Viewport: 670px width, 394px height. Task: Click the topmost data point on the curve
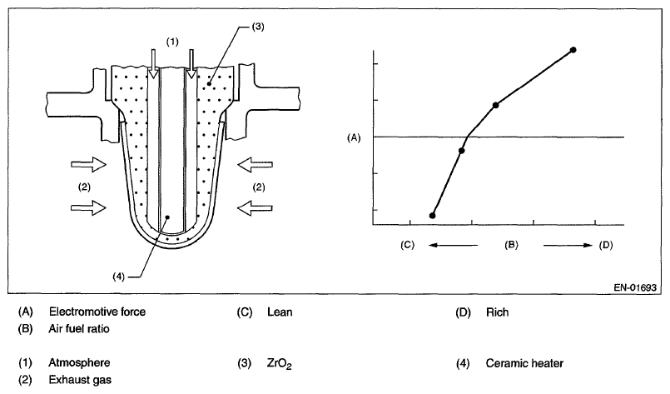573,50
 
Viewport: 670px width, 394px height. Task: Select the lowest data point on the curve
432,215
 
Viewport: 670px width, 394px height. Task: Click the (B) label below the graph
512,245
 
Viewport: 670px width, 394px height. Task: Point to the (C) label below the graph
407,245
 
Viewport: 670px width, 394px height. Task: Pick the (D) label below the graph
605,245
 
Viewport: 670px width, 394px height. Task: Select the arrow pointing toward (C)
454,245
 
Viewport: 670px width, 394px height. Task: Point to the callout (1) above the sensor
171,40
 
